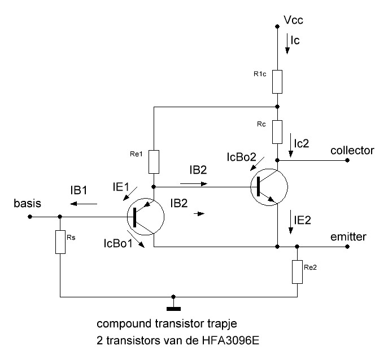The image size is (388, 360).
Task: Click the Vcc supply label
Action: [294, 20]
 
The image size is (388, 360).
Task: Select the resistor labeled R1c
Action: [277, 82]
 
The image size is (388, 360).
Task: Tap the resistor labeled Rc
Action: [277, 132]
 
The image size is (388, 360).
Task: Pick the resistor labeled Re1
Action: [154, 162]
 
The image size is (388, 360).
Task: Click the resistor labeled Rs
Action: [60, 242]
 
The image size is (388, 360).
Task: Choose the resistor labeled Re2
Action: [297, 272]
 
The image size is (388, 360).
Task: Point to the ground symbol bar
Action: [173, 309]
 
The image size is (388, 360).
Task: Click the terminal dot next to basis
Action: [30, 217]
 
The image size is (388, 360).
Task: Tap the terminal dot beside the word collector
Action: [347, 160]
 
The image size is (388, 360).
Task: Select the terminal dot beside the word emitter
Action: [347, 247]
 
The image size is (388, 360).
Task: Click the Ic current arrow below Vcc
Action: [287, 43]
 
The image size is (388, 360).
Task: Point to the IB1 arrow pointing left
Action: [84, 204]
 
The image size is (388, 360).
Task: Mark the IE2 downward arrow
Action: [291, 224]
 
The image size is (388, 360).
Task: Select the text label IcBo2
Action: [242, 157]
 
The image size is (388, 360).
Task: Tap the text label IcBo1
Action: [118, 244]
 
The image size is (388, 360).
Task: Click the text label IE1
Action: [121, 187]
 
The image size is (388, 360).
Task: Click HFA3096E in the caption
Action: [230, 341]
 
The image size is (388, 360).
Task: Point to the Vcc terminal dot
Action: [277, 26]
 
